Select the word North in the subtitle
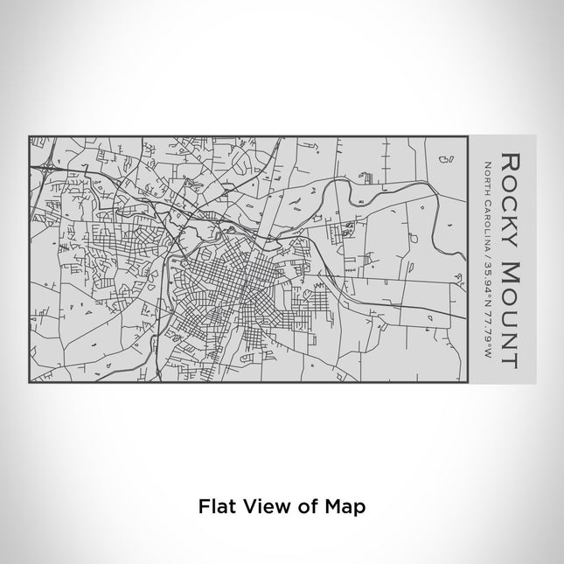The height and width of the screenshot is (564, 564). [x=486, y=176]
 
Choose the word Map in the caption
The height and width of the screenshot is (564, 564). [x=346, y=506]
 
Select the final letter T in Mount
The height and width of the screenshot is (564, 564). [x=508, y=356]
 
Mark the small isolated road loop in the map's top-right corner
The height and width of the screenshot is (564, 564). [x=446, y=159]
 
